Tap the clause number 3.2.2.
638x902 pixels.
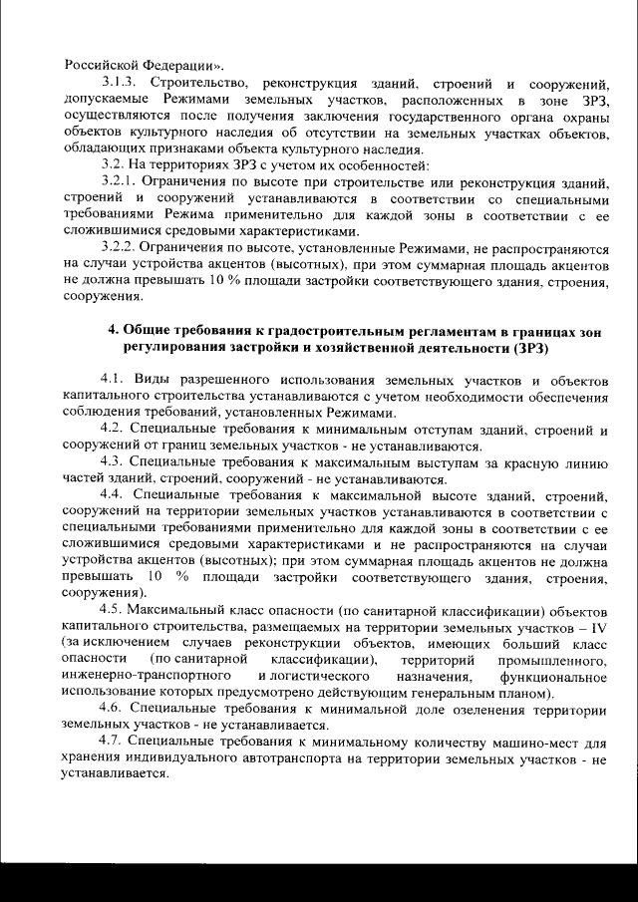(120, 244)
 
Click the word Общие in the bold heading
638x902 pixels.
(152, 330)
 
